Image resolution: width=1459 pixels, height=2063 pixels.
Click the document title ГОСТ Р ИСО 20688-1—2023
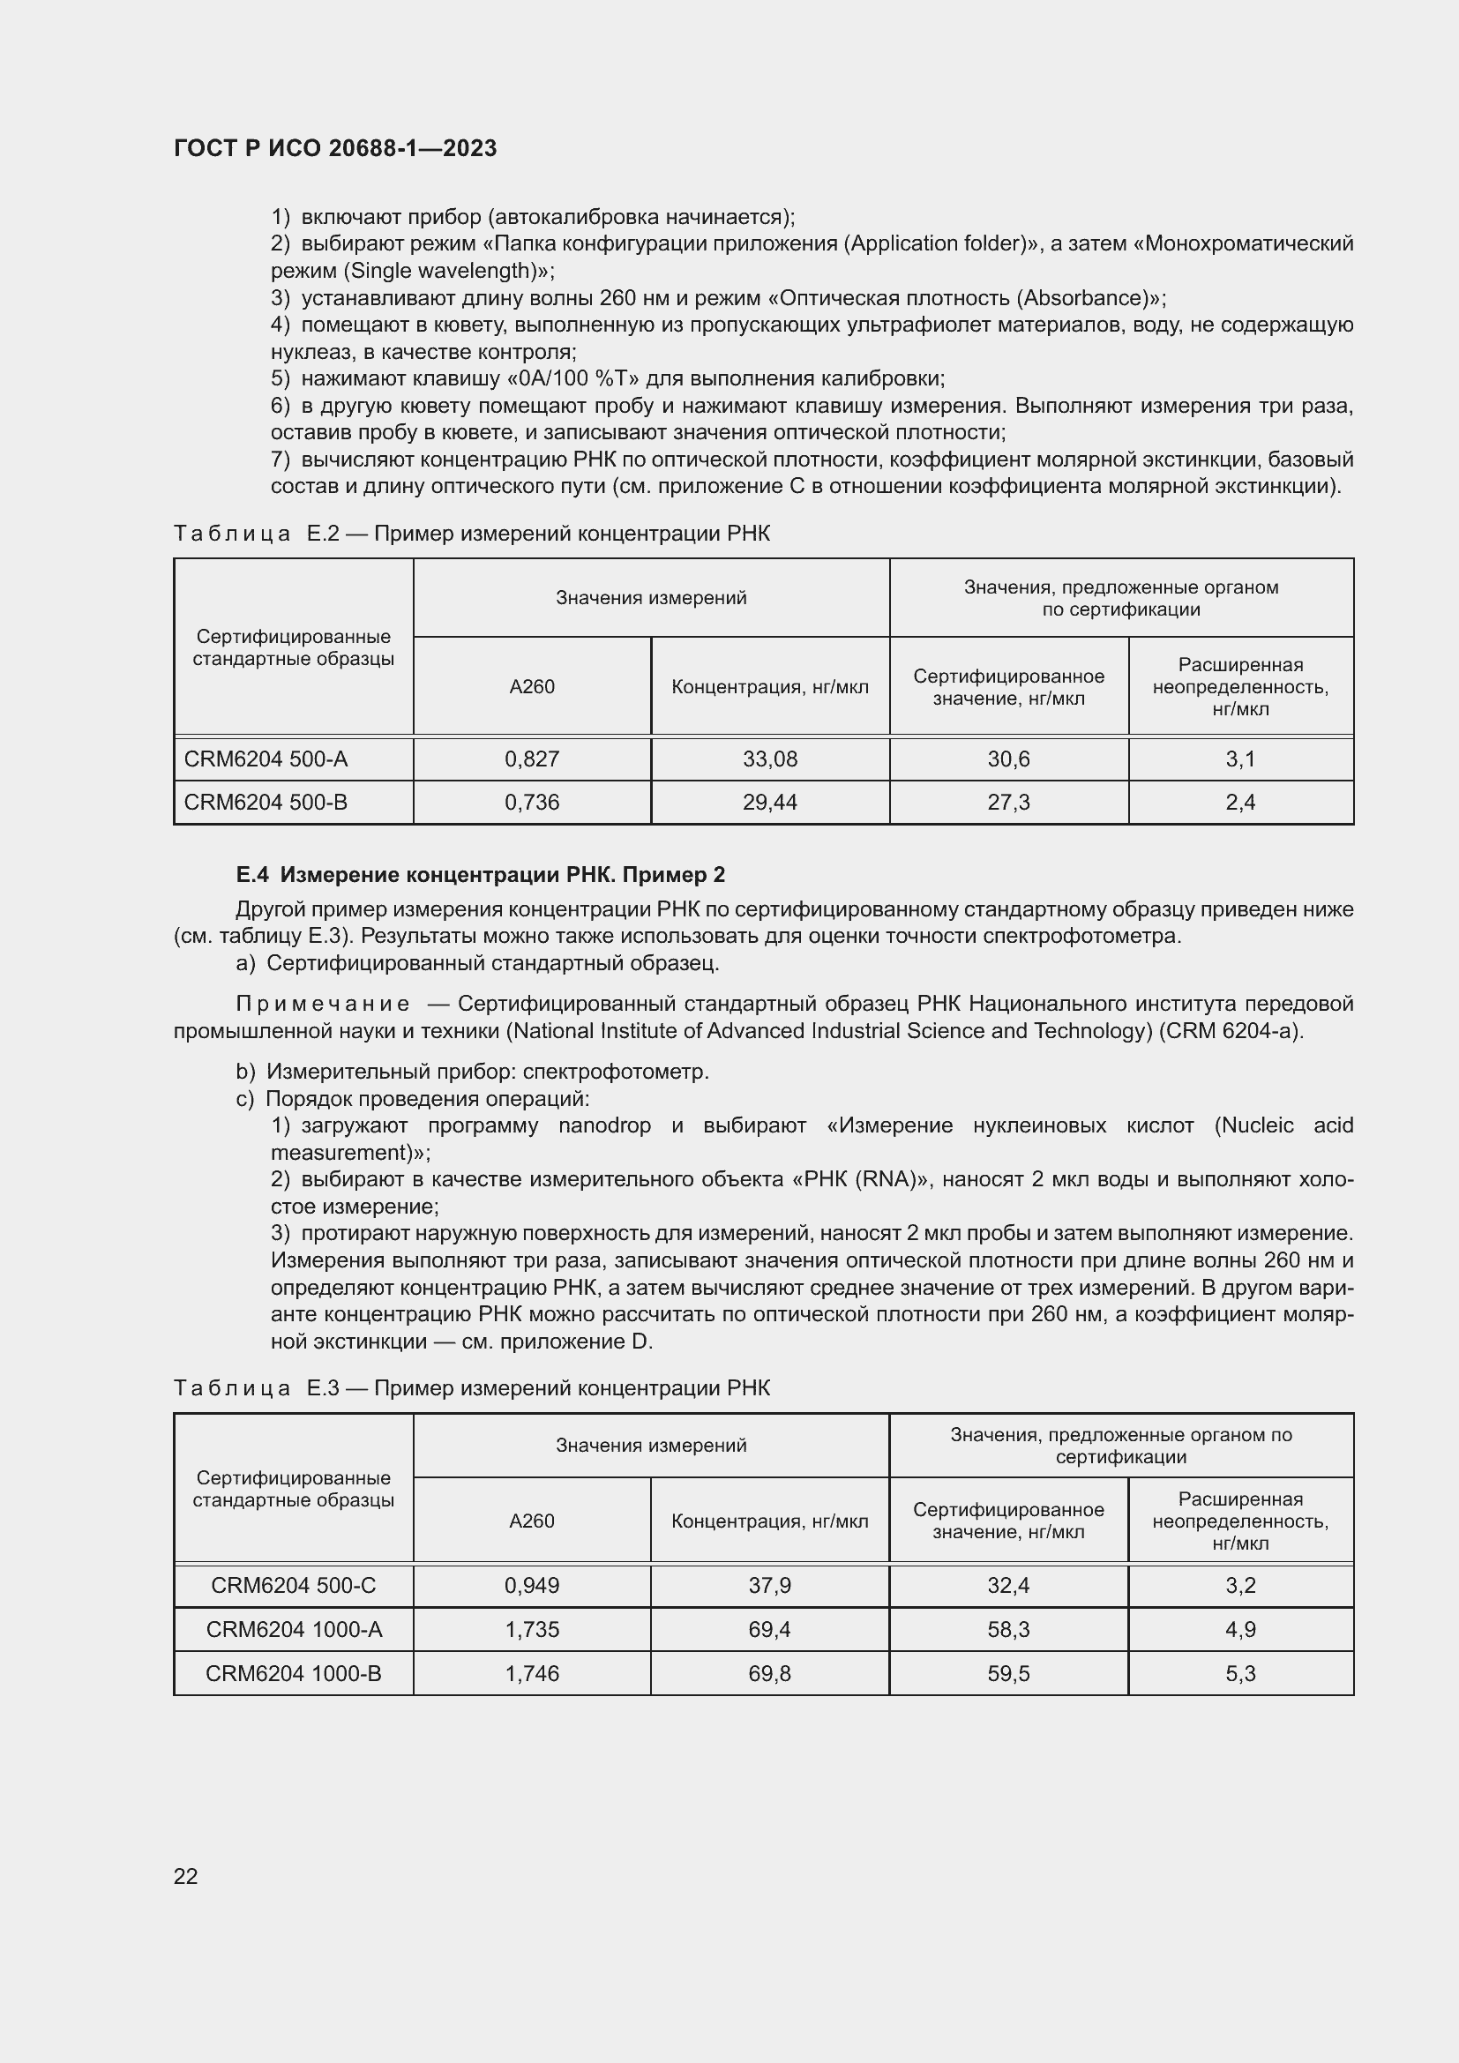coord(335,148)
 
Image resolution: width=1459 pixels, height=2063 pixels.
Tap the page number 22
coord(186,1875)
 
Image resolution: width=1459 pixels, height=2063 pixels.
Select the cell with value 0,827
coord(532,759)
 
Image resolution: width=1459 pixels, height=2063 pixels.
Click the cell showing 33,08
coord(770,759)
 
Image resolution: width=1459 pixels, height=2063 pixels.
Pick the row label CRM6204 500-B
coord(266,803)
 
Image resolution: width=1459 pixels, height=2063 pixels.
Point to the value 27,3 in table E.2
coord(1008,803)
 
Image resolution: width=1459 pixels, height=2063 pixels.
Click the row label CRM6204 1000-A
coord(294,1629)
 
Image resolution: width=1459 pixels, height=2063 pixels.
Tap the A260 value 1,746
coord(532,1673)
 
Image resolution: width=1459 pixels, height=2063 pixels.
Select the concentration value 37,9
coord(770,1585)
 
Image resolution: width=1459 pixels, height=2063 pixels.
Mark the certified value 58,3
coord(1008,1629)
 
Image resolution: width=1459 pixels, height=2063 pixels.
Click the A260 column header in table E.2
coord(532,686)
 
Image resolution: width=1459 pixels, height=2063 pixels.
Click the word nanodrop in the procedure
coord(604,1125)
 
